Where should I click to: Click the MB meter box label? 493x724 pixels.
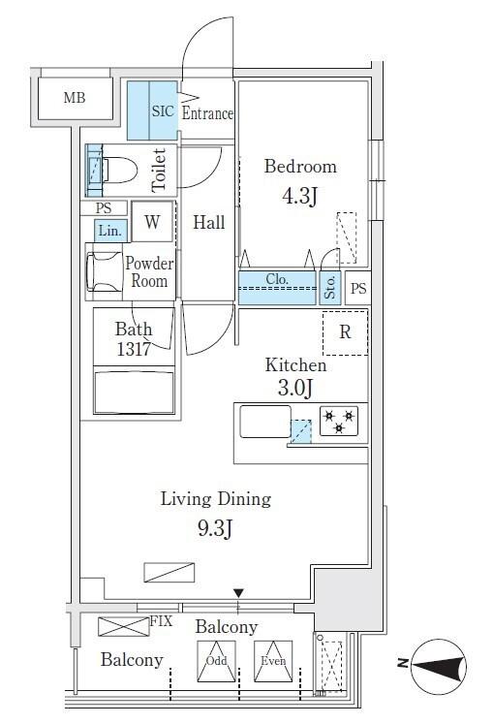pos(75,98)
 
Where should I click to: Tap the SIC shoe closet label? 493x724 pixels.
pos(163,110)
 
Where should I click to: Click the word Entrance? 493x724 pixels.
pos(207,113)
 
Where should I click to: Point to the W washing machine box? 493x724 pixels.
pos(152,222)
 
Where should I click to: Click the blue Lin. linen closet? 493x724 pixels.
pos(110,231)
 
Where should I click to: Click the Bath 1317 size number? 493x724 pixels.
pos(134,349)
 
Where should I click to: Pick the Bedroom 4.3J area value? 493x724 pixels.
pos(300,196)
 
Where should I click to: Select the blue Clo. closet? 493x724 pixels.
pos(277,288)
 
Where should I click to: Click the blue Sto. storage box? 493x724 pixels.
pos(330,288)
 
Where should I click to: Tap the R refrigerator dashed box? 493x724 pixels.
pos(345,332)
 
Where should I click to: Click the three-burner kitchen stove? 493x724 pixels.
pos(339,421)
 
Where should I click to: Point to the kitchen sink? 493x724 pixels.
pos(265,421)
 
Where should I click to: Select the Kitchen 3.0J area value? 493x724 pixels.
pos(295,388)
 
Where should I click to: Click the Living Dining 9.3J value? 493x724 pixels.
pos(215,528)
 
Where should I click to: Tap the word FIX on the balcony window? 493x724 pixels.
pos(161,621)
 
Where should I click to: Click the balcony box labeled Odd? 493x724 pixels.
pos(216,661)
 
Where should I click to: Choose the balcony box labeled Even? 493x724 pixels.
pos(273,661)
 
